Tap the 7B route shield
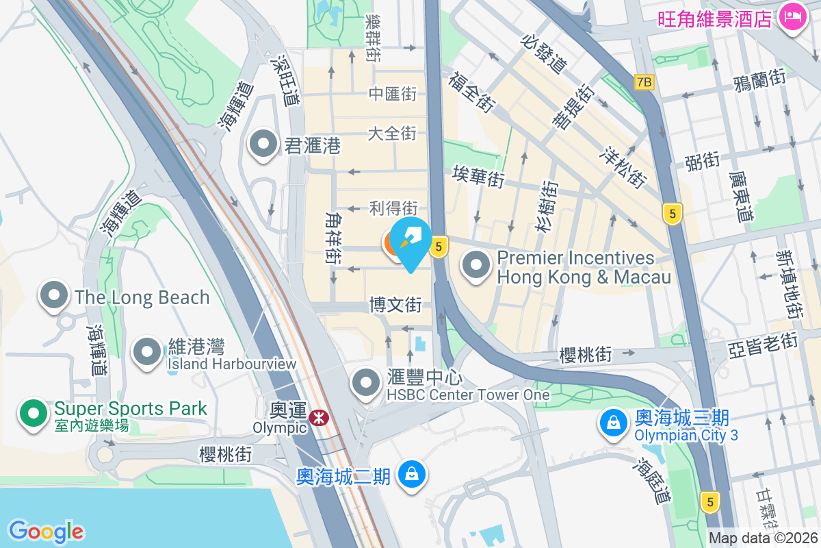tap(644, 82)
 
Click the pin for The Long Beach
tap(53, 296)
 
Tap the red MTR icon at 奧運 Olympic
tap(317, 417)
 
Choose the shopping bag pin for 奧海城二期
tap(412, 474)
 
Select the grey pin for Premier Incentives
tap(476, 266)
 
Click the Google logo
tap(46, 531)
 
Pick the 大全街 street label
tap(392, 133)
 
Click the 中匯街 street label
tap(392, 94)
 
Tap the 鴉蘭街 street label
tap(759, 80)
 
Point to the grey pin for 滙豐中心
tap(366, 384)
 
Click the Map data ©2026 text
tap(764, 538)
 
